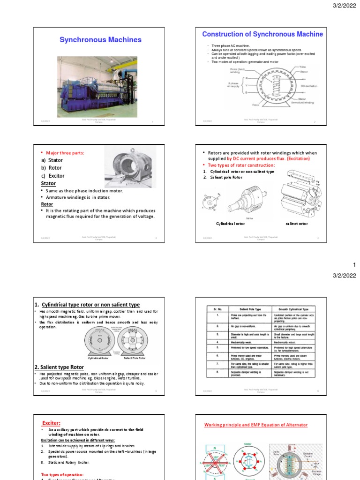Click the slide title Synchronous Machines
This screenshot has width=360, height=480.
(100, 40)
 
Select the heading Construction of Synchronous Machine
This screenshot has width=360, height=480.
(262, 34)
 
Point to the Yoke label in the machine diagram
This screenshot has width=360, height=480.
(303, 67)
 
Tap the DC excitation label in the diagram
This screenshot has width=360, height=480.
(311, 86)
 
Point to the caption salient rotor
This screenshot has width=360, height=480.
(296, 224)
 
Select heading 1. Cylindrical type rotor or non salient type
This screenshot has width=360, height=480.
(87, 305)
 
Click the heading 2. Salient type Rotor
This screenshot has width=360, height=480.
(59, 367)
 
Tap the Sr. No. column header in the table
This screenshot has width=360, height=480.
(217, 309)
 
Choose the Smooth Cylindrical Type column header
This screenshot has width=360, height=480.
(293, 309)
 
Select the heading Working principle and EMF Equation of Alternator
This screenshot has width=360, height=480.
(256, 425)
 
